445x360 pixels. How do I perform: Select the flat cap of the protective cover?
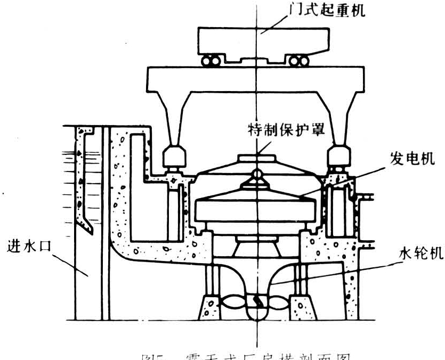click(x=256, y=158)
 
